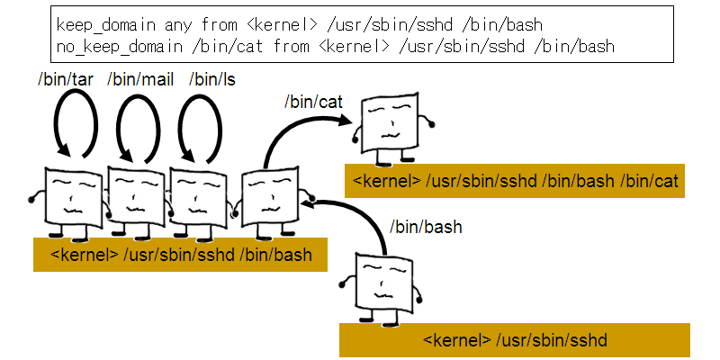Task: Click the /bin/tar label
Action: (66, 80)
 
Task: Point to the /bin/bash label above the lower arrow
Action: (425, 228)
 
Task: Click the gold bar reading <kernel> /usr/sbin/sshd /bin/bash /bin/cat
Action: (515, 182)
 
